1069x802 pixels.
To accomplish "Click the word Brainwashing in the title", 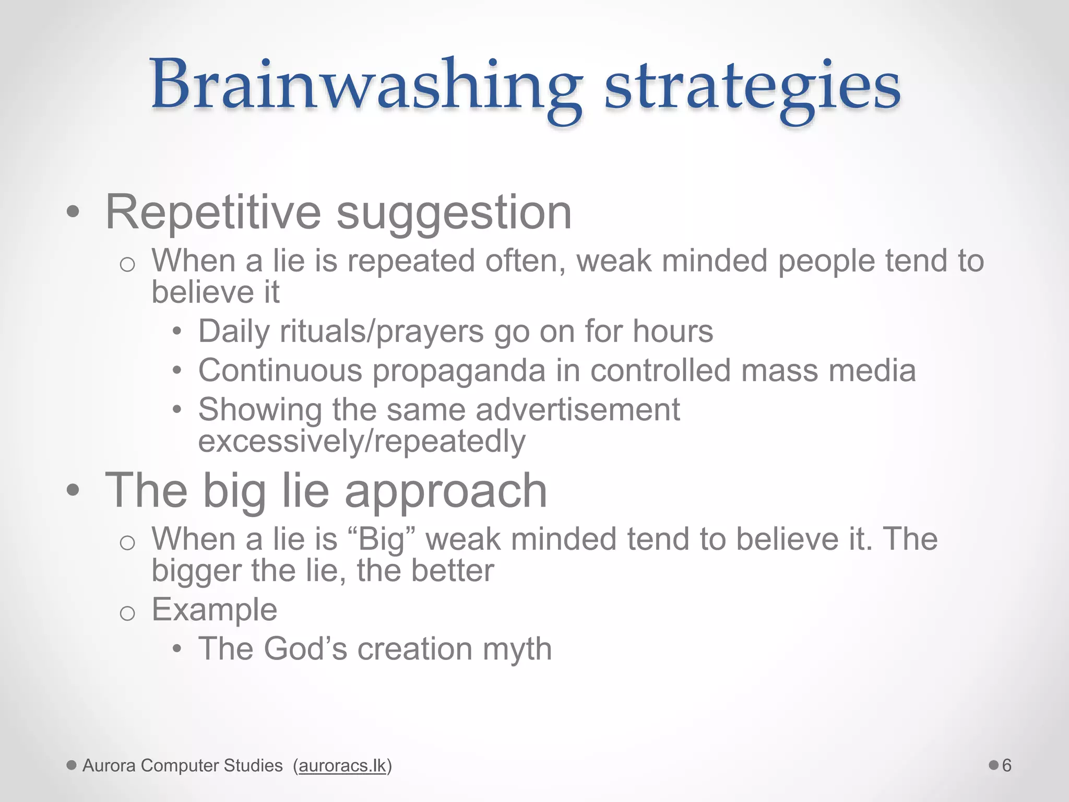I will tap(365, 86).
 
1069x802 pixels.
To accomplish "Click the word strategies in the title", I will tap(752, 86).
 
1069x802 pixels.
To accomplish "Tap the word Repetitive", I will tap(213, 213).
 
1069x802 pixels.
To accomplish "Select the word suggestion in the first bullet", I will tap(454, 213).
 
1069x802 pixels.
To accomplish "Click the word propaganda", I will tap(459, 371).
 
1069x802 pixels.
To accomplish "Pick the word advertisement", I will tap(578, 409).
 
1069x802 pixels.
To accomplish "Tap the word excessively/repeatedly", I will tap(362, 442).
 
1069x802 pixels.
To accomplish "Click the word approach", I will tap(446, 491).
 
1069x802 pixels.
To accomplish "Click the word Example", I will tap(214, 609).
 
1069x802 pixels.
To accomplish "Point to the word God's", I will tap(305, 649).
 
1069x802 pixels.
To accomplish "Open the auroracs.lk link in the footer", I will tap(342, 765).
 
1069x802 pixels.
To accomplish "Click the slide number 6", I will tap(1006, 765).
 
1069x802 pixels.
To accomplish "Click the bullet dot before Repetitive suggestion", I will tap(73, 213).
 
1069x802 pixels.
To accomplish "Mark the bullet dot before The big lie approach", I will tap(73, 491).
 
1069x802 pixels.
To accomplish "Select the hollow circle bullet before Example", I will tap(127, 612).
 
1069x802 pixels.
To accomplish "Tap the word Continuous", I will tap(280, 371).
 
